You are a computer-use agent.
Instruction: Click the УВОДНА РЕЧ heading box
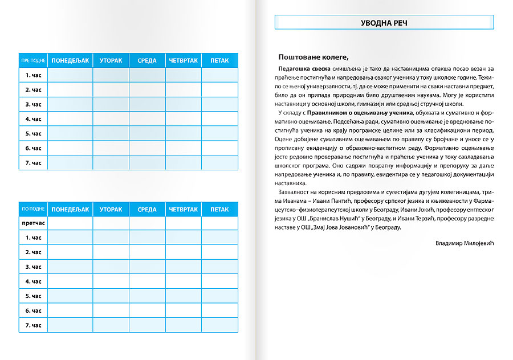(384, 22)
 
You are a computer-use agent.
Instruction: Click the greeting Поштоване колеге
(313, 57)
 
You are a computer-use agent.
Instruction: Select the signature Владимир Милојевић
(463, 243)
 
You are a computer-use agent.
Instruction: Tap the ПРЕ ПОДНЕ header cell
(33, 60)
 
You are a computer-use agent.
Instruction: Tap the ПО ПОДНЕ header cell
(33, 210)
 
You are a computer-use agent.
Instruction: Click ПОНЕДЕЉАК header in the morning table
(70, 60)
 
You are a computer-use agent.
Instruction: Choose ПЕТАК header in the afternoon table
(219, 210)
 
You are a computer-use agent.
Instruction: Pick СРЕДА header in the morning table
(147, 60)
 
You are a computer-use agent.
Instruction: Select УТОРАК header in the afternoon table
(111, 210)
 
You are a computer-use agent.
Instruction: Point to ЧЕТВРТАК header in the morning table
(183, 60)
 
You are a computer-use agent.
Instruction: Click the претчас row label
(33, 223)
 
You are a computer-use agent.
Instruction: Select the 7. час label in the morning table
(33, 163)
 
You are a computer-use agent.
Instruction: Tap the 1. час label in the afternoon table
(33, 238)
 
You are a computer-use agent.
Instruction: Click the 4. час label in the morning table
(33, 119)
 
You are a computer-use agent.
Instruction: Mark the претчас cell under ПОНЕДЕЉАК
(70, 223)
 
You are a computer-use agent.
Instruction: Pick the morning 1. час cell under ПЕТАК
(219, 75)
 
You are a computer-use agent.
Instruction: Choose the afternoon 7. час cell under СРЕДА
(147, 326)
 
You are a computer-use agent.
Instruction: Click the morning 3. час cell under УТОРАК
(111, 104)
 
